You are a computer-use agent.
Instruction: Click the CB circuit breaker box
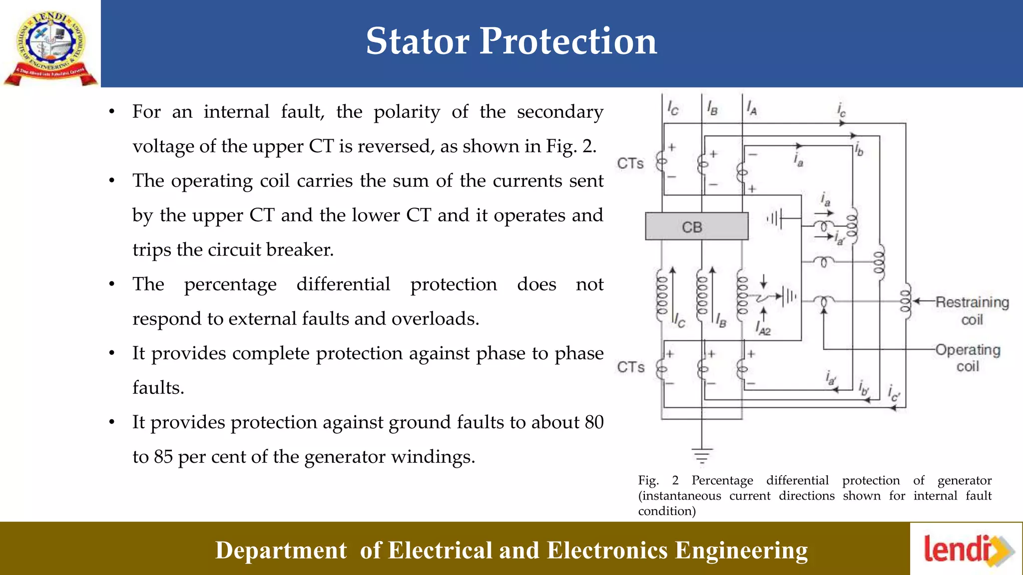(x=696, y=227)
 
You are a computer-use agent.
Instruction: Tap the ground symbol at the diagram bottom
(x=702, y=456)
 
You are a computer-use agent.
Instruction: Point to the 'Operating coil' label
(x=968, y=358)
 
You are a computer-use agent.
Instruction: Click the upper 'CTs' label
(x=630, y=163)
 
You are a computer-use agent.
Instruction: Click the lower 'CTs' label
(x=630, y=367)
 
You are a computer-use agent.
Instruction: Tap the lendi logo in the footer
(x=967, y=550)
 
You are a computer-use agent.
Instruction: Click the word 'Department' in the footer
(x=281, y=551)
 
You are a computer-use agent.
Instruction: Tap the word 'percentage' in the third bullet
(x=230, y=285)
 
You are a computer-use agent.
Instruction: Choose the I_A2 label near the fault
(x=763, y=329)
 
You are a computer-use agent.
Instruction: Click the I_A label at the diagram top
(x=751, y=108)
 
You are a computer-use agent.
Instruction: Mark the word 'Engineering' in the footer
(x=741, y=551)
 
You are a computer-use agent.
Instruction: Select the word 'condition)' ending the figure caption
(x=667, y=511)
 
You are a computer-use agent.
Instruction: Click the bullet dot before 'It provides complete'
(x=112, y=354)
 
